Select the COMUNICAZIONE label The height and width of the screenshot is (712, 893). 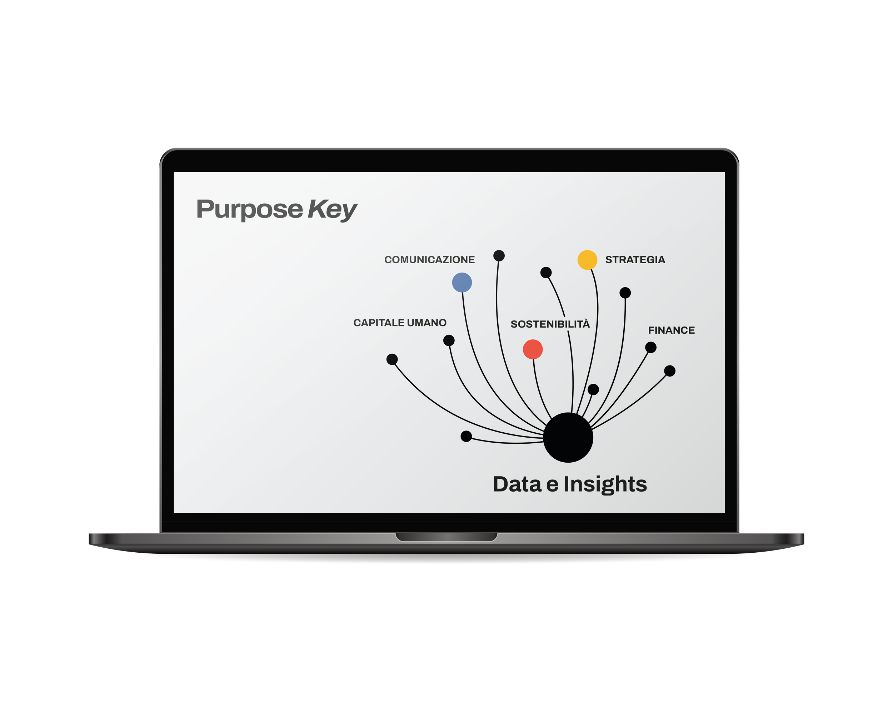429,260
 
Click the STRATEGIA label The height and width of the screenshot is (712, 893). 635,260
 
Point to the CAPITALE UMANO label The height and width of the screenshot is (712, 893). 400,323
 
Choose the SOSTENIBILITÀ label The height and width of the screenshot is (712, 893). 550,324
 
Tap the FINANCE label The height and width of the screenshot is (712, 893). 671,330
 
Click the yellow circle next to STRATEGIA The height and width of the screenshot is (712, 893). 587,260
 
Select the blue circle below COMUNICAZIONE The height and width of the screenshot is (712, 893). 462,283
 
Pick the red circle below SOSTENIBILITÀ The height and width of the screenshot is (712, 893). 533,349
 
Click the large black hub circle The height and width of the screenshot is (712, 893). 568,437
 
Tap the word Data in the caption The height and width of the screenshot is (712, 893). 517,484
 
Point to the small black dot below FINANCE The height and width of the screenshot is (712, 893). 651,347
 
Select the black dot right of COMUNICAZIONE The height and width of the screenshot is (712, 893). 499,255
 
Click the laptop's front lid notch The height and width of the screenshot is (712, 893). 446,537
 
